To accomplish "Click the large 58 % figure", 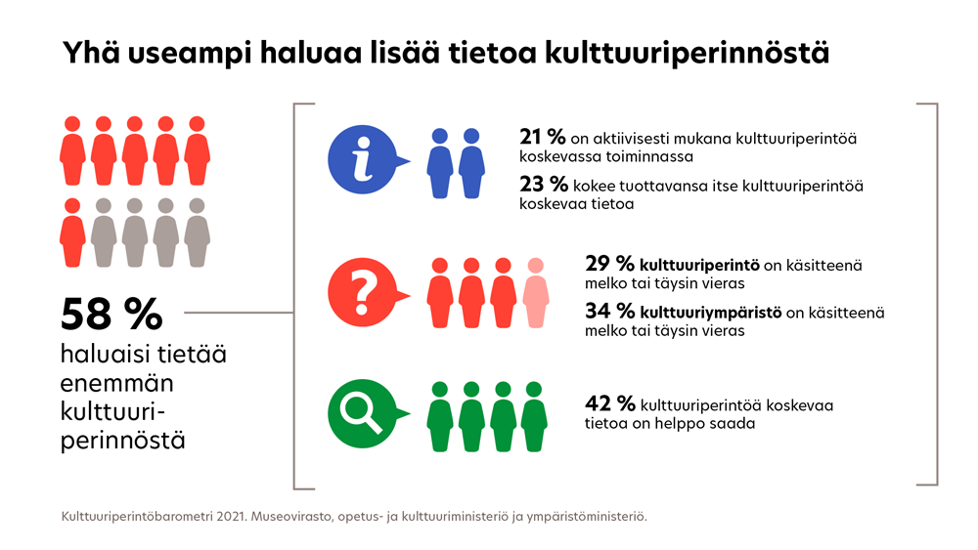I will (111, 315).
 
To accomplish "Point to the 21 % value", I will (542, 138).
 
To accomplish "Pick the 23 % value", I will (542, 186).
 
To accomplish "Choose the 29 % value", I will (608, 265).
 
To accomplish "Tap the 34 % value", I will (608, 313).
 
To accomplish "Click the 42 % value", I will (609, 404).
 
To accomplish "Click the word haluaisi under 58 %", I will (103, 355).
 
